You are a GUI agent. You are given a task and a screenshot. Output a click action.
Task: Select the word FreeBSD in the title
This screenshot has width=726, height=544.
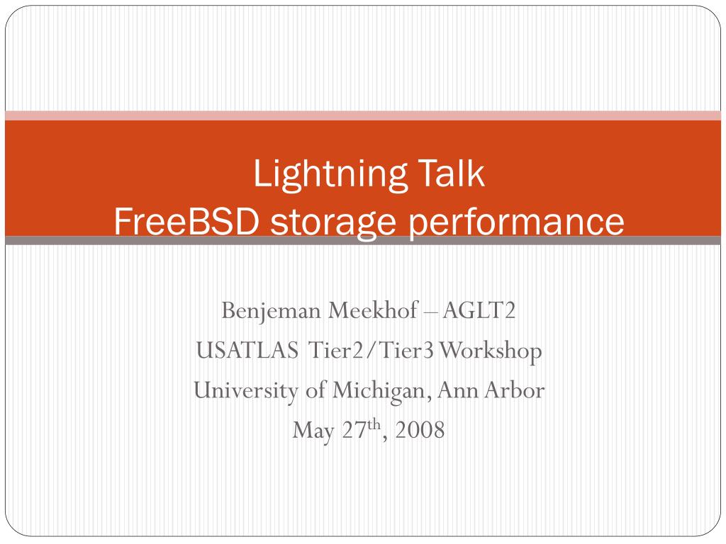186,221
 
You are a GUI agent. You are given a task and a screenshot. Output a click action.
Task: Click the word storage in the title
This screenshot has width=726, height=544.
333,224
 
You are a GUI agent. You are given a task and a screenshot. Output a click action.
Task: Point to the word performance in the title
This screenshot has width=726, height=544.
515,224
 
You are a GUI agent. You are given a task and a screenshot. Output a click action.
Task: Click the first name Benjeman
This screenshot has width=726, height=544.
272,311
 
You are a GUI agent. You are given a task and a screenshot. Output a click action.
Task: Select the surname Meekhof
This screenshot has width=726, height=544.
373,310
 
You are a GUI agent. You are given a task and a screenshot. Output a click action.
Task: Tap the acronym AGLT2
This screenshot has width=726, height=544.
479,310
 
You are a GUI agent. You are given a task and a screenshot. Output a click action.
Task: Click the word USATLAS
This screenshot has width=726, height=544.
247,350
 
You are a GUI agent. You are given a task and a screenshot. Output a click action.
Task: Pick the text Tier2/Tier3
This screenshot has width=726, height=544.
371,350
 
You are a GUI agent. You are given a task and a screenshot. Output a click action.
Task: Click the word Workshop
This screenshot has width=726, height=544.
491,351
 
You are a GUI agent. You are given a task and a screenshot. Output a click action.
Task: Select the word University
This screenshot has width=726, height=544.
245,391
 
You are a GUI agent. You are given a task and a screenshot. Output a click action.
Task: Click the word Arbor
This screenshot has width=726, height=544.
515,390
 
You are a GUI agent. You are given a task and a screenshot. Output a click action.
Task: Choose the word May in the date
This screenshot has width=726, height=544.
313,431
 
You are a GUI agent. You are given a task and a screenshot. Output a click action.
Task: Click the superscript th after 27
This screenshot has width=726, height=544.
374,424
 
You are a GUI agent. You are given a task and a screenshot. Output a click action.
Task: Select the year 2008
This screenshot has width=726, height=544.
420,430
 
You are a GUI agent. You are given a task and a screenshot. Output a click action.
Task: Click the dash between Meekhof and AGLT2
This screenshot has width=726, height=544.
430,312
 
